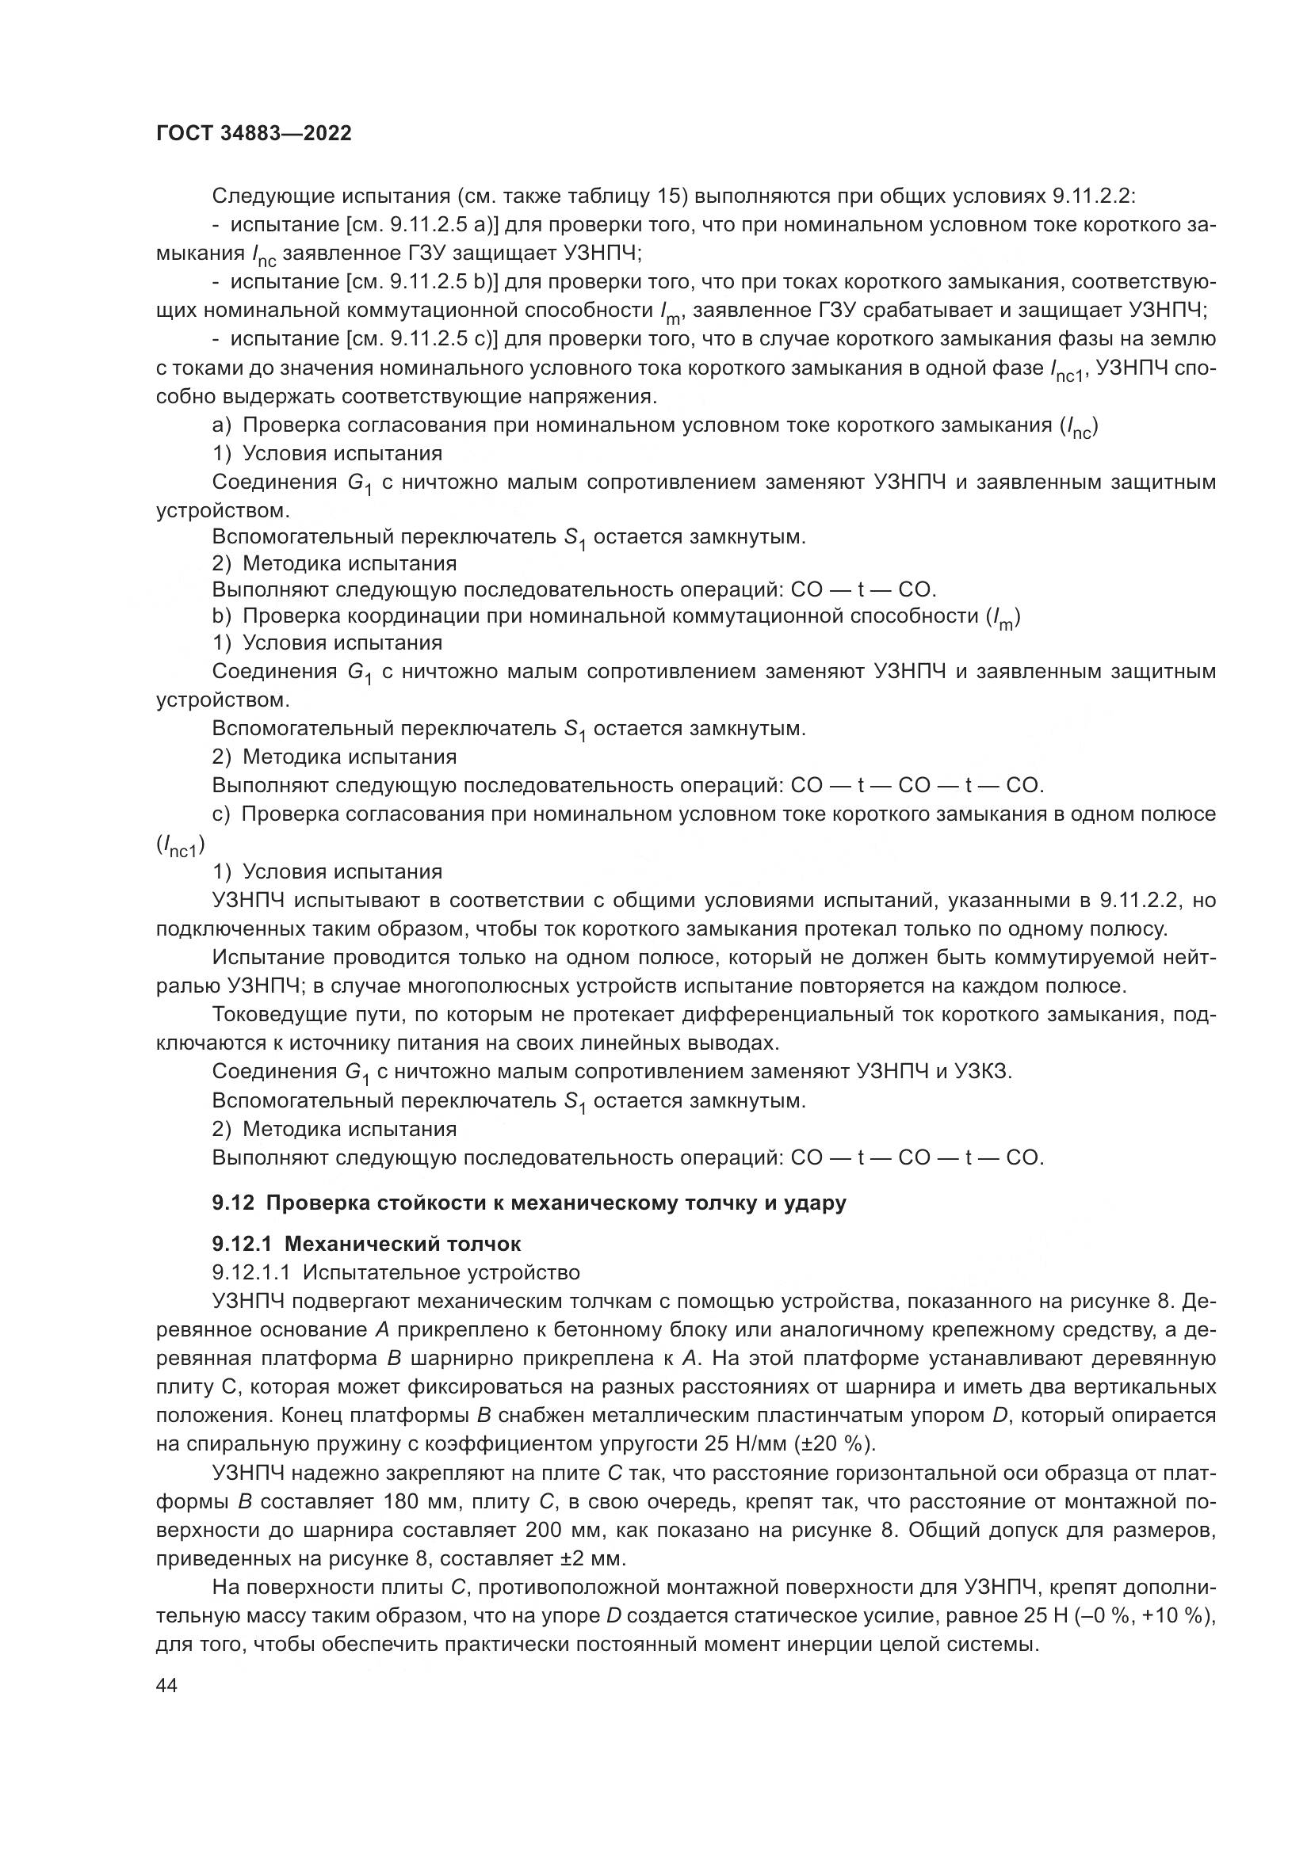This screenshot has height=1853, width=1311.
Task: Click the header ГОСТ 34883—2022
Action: click(x=254, y=134)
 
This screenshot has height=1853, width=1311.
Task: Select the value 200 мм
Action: click(x=556, y=1531)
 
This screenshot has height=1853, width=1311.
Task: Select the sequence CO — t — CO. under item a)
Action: click(x=863, y=589)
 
